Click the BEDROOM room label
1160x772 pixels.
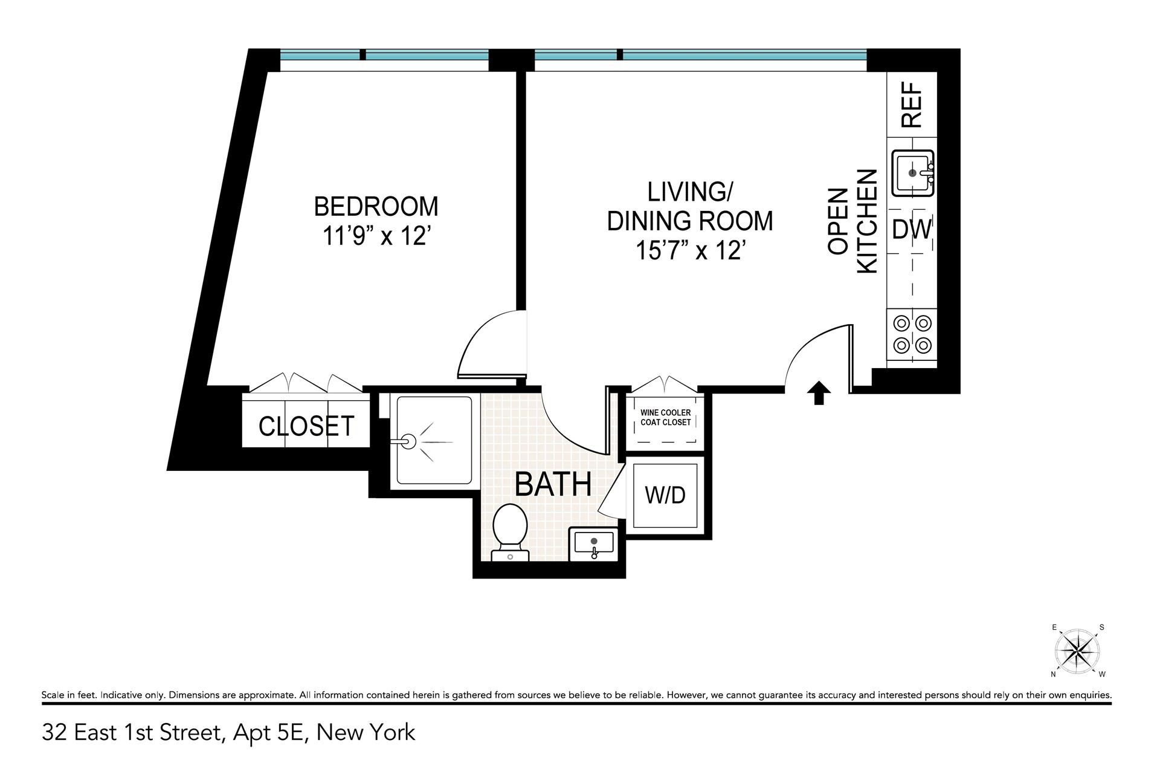click(x=376, y=207)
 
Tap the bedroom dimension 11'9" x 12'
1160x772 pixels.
click(x=376, y=236)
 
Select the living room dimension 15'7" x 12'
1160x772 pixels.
click(x=689, y=250)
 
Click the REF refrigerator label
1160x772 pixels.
click(x=912, y=105)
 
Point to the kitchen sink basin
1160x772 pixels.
click(x=913, y=173)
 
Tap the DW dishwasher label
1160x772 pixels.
click(x=912, y=230)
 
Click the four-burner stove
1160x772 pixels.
click(x=912, y=334)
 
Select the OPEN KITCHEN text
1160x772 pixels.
click(x=852, y=221)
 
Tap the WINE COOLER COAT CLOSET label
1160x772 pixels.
click(x=665, y=418)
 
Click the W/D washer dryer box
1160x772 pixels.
click(x=665, y=495)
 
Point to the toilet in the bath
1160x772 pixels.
click(x=510, y=532)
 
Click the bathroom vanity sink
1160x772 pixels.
click(x=594, y=543)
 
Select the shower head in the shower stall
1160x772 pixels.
click(x=409, y=441)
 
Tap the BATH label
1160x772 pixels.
click(x=553, y=484)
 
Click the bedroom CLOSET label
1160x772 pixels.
click(x=306, y=426)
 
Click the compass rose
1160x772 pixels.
click(x=1077, y=652)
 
